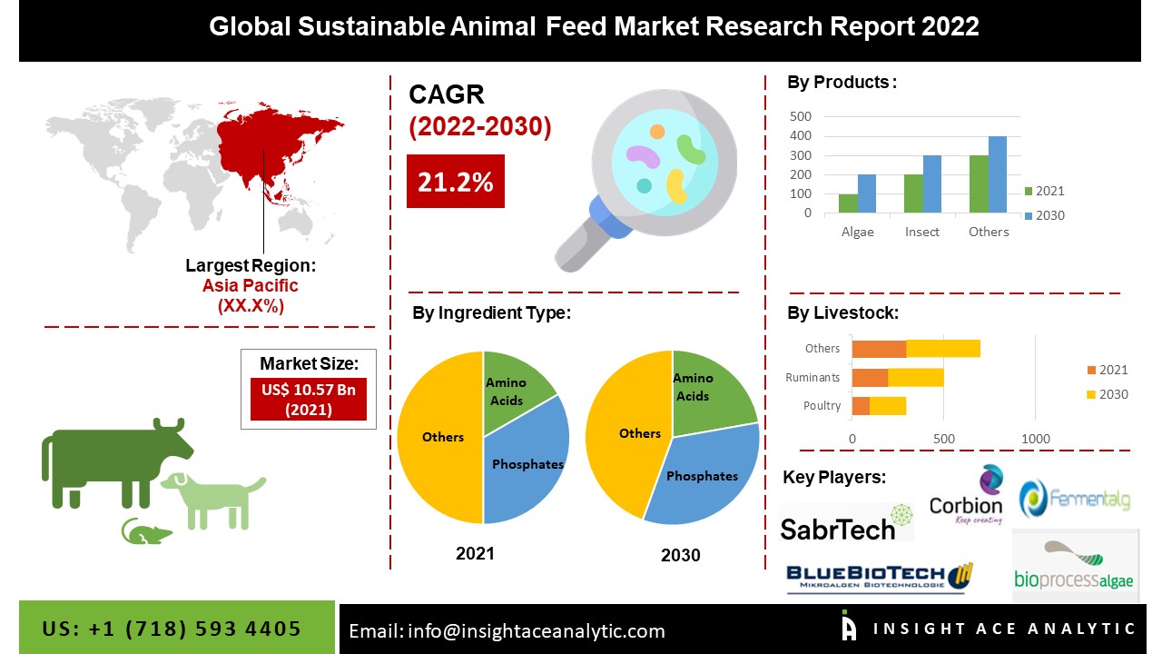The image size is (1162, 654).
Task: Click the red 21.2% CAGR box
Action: pyautogui.click(x=455, y=182)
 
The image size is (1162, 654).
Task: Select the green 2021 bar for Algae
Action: pyautogui.click(x=848, y=203)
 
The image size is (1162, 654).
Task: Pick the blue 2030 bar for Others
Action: pyautogui.click(x=998, y=174)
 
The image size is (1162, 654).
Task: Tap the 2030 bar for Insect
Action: pyautogui.click(x=932, y=184)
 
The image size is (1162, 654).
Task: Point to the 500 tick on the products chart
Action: pyautogui.click(x=801, y=116)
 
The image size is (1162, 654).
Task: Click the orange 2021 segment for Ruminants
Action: pyautogui.click(x=870, y=377)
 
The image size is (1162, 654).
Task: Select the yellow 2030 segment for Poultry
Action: pyautogui.click(x=888, y=406)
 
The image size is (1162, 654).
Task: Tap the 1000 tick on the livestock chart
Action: pyautogui.click(x=1036, y=439)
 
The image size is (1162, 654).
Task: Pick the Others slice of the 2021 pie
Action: pyautogui.click(x=440, y=437)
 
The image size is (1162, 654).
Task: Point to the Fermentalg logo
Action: pyautogui.click(x=1076, y=499)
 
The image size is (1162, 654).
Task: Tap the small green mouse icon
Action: pyautogui.click(x=145, y=531)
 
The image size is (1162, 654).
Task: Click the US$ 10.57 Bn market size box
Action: pyautogui.click(x=308, y=399)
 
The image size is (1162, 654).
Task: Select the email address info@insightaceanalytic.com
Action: pyautogui.click(x=507, y=630)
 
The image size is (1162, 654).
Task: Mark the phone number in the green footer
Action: pyautogui.click(x=172, y=629)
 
